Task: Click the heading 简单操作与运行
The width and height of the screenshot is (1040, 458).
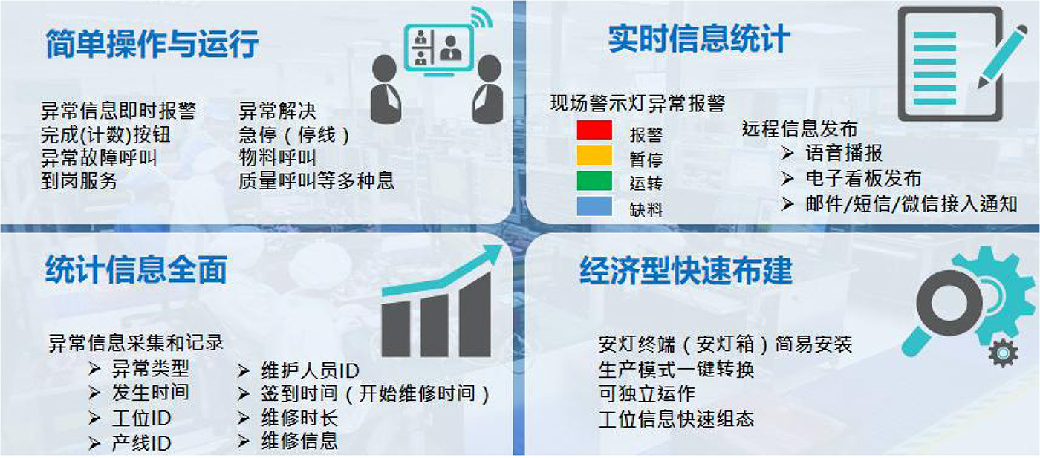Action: click(152, 44)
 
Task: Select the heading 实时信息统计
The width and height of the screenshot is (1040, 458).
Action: click(699, 39)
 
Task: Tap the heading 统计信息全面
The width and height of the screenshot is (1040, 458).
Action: click(136, 269)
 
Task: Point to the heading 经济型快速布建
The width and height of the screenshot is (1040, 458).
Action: click(686, 270)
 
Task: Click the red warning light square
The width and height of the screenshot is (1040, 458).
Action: click(594, 129)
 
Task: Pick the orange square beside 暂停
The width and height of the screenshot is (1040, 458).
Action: click(594, 155)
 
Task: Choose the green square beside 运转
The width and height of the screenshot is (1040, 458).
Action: click(594, 180)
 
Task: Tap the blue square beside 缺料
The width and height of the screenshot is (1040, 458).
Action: click(594, 206)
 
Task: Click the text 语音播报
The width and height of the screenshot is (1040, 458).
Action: click(844, 153)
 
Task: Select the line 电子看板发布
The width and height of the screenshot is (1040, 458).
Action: click(863, 178)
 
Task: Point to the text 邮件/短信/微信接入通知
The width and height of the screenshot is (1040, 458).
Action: click(911, 203)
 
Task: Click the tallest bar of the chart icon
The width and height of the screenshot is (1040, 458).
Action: click(475, 315)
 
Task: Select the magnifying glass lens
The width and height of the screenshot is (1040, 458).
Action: click(949, 303)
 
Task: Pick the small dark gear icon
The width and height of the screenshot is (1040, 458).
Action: click(1003, 353)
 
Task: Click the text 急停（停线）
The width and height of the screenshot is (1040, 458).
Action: click(294, 135)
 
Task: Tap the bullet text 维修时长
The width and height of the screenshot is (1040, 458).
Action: click(299, 418)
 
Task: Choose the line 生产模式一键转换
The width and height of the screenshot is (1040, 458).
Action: click(676, 370)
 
